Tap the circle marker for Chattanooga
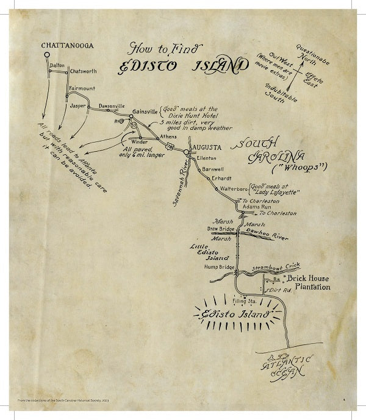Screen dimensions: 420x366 click(46, 55)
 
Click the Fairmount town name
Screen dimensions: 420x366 click(82, 88)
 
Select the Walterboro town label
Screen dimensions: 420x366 click(232, 189)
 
